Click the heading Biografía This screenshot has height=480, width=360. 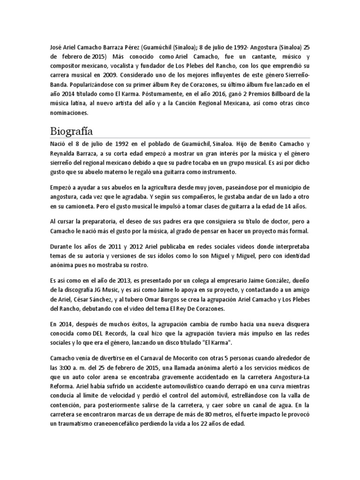74,130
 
